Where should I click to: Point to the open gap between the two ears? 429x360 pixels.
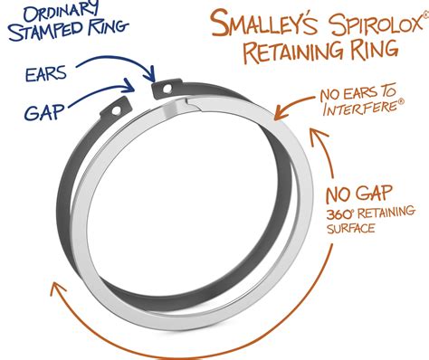click(144, 94)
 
